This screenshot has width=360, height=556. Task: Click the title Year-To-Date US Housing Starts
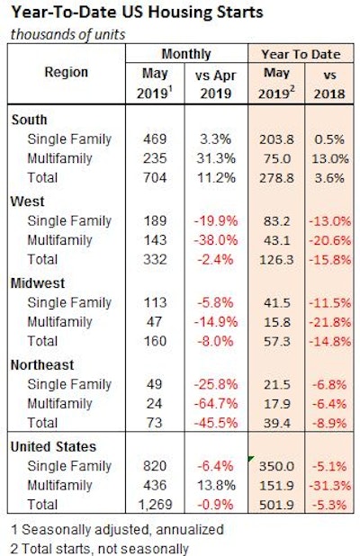[131, 13]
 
